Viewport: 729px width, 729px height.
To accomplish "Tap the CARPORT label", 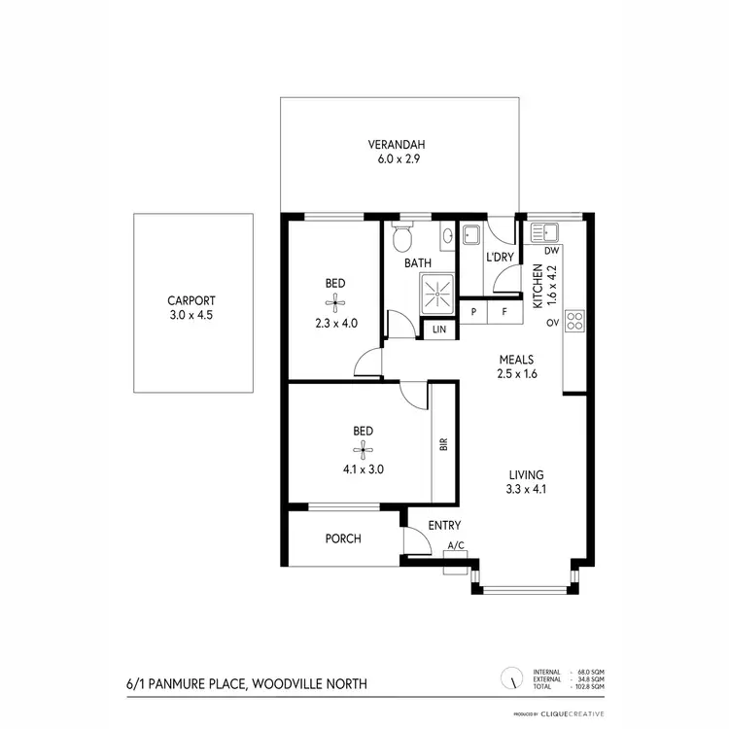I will pyautogui.click(x=191, y=301).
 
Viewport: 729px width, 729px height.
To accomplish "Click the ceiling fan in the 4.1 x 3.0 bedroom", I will pyautogui.click(x=363, y=449).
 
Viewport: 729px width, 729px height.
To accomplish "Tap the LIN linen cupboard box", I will pyautogui.click(x=440, y=330).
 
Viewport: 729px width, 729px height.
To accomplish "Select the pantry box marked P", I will pyautogui.click(x=473, y=311).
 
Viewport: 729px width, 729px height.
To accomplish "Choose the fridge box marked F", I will pyautogui.click(x=504, y=311).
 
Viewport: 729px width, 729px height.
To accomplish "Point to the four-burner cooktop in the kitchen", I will pyautogui.click(x=573, y=319).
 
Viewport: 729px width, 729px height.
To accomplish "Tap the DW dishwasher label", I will pyautogui.click(x=550, y=251).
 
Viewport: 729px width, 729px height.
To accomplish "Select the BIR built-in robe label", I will pyautogui.click(x=443, y=444).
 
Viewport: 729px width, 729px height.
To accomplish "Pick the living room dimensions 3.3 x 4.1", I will pyautogui.click(x=526, y=489).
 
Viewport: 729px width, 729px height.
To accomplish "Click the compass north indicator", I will pyautogui.click(x=507, y=677).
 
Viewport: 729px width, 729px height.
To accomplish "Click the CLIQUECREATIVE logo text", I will pyautogui.click(x=576, y=714).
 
